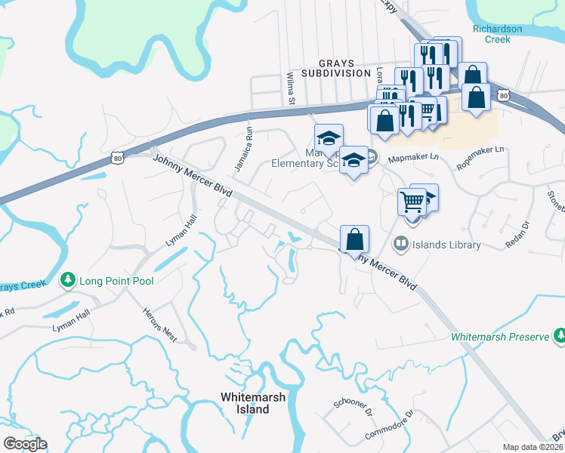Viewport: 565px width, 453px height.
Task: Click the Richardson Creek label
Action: point(497,34)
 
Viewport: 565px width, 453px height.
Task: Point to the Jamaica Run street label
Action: point(242,148)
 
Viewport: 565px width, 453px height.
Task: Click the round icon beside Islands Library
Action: point(400,244)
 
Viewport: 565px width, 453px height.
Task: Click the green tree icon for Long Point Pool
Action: point(68,281)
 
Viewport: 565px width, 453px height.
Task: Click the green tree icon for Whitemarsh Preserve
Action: point(559,334)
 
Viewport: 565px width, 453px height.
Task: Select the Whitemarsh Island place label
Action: point(245,403)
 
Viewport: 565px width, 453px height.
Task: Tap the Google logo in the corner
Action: point(25,444)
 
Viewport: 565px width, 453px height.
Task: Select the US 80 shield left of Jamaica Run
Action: point(116,156)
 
